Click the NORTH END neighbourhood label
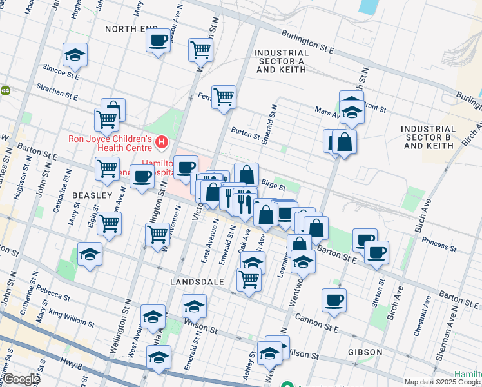click(131, 29)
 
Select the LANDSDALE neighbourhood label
click(197, 282)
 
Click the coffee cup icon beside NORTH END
click(157, 42)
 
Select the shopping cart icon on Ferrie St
click(224, 97)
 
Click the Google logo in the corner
click(22, 379)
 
